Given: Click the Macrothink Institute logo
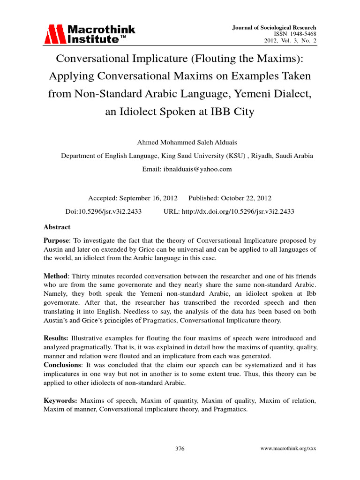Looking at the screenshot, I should point(90,34).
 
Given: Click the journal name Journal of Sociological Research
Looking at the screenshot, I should point(274,28).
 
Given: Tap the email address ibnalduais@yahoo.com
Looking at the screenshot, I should point(202,169).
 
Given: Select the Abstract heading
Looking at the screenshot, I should point(57,227).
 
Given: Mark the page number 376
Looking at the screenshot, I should point(180,449).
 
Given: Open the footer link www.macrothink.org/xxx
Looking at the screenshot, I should point(288,449).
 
